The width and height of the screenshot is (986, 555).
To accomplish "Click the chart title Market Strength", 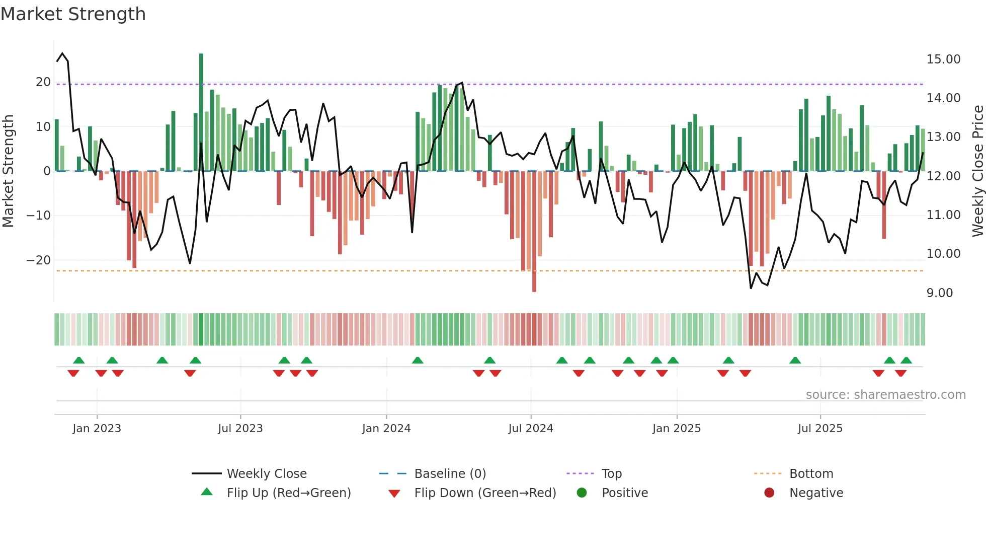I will tap(73, 14).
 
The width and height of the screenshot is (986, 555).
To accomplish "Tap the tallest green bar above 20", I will tap(201, 111).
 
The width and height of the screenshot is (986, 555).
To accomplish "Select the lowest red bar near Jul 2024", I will tap(534, 232).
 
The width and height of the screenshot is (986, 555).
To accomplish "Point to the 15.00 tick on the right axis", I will tap(943, 59).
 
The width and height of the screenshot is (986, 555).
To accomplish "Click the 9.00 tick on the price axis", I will tap(939, 293).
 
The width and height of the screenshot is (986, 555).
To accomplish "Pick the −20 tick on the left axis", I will tap(39, 260).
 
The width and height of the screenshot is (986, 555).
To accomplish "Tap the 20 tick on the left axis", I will tap(43, 82).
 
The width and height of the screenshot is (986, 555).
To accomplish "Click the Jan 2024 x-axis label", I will tap(386, 429).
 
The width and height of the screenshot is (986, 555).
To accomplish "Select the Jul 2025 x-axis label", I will tap(820, 429).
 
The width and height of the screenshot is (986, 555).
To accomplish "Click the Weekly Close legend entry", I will tap(266, 474).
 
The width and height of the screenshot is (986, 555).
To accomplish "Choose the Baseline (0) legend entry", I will tap(450, 474).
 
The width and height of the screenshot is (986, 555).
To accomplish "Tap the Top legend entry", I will tap(611, 474).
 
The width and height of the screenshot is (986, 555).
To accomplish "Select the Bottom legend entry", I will tap(811, 474).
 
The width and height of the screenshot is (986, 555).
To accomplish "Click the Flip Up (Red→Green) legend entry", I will tap(288, 493).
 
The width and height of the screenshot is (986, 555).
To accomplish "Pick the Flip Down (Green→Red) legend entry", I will tap(485, 493).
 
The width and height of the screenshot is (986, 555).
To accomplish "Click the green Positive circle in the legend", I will tap(582, 493).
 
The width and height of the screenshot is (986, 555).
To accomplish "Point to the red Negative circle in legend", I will tap(769, 493).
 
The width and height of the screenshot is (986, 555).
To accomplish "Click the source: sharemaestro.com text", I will tap(885, 395).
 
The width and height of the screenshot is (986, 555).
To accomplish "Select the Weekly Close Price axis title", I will tap(977, 171).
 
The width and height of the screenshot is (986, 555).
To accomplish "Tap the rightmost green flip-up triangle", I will tap(907, 361).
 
